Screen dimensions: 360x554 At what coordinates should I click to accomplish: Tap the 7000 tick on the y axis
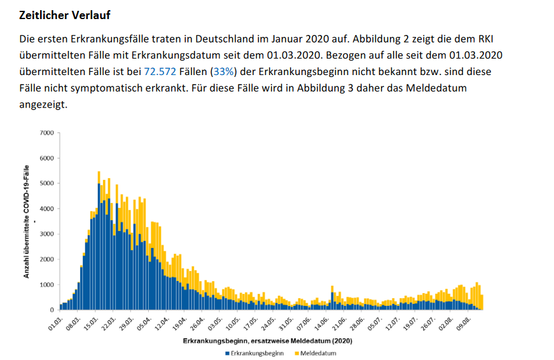47,133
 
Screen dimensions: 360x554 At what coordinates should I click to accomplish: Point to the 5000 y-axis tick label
47,183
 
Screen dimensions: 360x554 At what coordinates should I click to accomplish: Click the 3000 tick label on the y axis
47,234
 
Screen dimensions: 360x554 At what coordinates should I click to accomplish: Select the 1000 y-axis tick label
47,285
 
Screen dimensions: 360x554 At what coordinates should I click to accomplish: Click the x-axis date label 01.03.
57,321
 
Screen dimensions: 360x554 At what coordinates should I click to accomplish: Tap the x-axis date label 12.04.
163,321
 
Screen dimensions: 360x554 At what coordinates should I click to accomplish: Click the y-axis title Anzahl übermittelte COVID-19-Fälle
27,221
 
